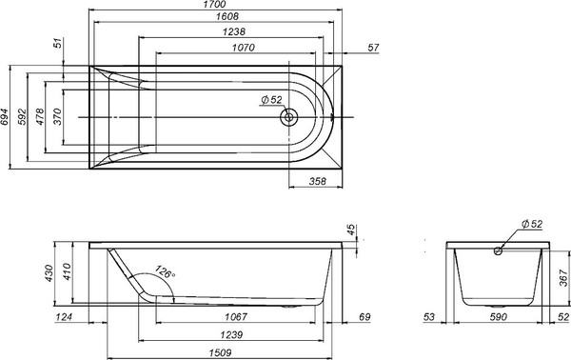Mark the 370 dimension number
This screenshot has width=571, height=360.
point(58,117)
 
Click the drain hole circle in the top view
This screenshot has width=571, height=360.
point(289,117)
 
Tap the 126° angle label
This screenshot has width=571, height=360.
point(164,274)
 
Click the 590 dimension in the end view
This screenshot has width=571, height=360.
point(498,316)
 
